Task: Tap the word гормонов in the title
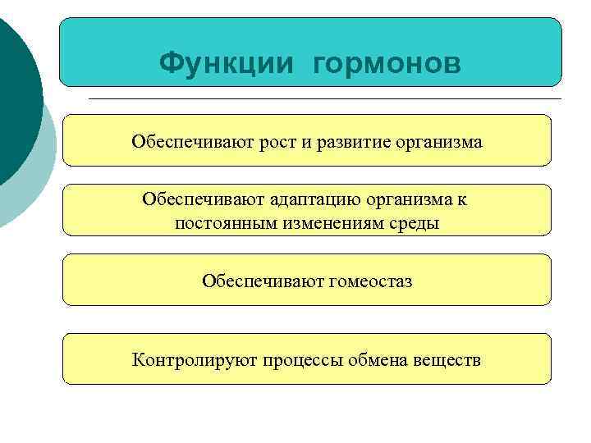coord(387,63)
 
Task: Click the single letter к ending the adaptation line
coord(462,199)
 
